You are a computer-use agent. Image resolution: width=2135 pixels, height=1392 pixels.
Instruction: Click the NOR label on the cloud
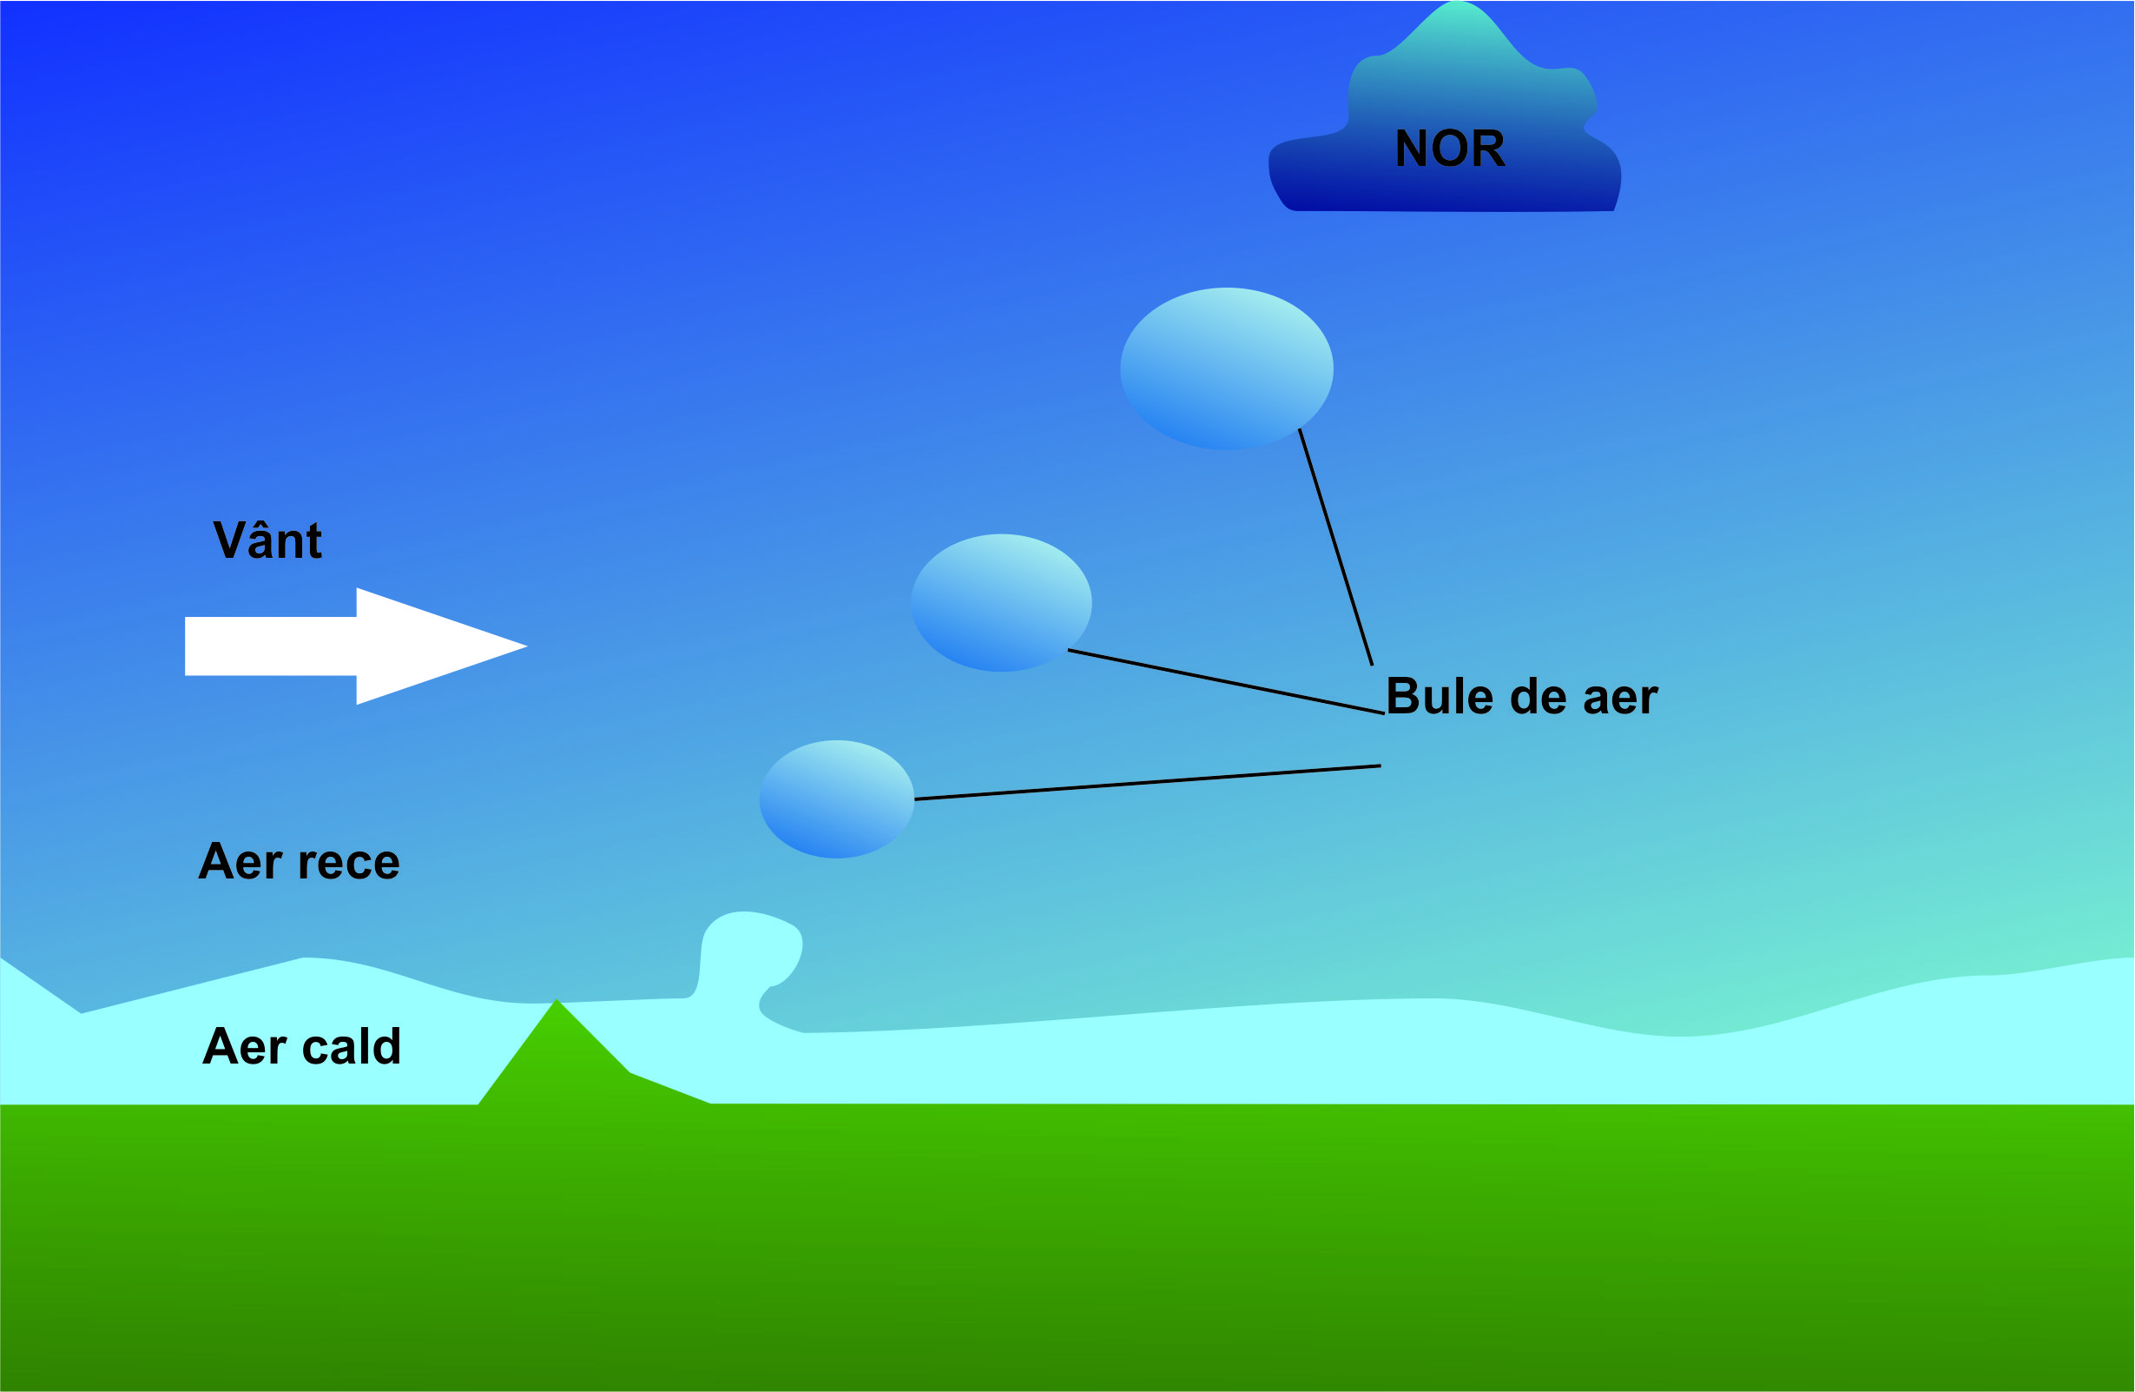tap(1450, 149)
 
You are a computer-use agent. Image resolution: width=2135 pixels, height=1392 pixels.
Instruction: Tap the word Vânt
tap(267, 541)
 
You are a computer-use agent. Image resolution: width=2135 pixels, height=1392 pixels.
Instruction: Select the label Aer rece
tap(299, 863)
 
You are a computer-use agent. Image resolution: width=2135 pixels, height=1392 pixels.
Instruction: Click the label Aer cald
tap(301, 1046)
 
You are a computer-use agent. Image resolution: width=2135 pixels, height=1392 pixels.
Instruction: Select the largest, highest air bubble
tap(1226, 368)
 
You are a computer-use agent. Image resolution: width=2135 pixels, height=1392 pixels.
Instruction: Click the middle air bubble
tap(1001, 603)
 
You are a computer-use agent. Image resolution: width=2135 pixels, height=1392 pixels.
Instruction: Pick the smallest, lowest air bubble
tap(836, 799)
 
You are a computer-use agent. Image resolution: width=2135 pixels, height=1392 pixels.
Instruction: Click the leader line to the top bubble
tap(1335, 547)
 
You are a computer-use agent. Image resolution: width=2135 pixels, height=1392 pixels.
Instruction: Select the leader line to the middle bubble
tap(1225, 682)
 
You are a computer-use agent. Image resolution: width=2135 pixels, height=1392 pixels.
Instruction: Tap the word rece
tap(349, 863)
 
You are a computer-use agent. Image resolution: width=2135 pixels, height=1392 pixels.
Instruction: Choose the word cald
tap(351, 1046)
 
